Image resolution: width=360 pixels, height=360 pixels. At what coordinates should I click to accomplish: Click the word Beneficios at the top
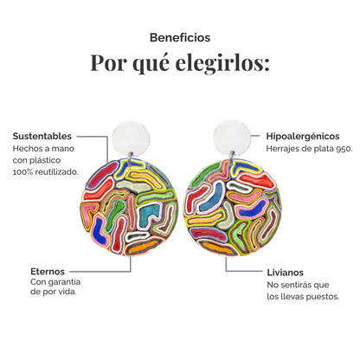180,38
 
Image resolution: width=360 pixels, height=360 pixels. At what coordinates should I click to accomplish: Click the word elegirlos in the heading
222,63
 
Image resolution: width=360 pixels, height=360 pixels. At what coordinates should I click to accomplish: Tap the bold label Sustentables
42,136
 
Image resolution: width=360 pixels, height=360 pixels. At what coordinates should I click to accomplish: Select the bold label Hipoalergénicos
303,136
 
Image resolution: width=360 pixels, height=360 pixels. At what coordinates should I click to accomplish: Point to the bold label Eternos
48,272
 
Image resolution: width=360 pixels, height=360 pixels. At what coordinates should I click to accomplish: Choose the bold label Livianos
285,273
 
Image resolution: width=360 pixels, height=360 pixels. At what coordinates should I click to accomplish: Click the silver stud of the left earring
131,138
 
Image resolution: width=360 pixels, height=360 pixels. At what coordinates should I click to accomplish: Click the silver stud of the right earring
232,138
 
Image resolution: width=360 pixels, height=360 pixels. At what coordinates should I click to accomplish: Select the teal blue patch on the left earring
149,215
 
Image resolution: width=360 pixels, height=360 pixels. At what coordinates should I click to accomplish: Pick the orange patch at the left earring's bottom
144,247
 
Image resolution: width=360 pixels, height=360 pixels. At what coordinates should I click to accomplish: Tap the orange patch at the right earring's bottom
219,248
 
